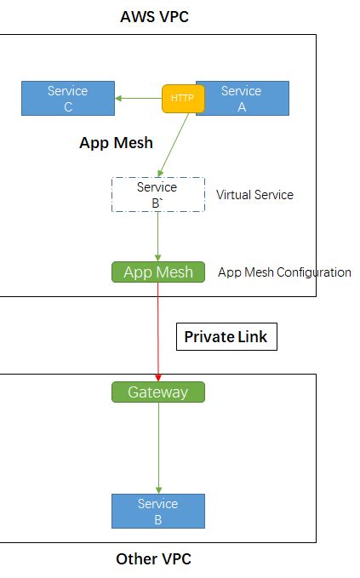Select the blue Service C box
pyautogui.click(x=67, y=98)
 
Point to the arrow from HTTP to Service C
pyautogui.click(x=139, y=98)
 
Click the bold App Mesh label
pyautogui.click(x=116, y=143)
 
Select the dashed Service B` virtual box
pyautogui.click(x=157, y=194)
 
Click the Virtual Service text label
pyautogui.click(x=254, y=195)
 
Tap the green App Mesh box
pyautogui.click(x=158, y=272)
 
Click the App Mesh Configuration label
pyautogui.click(x=284, y=272)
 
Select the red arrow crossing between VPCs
pyautogui.click(x=158, y=332)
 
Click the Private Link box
pyautogui.click(x=226, y=337)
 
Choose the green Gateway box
pyautogui.click(x=158, y=392)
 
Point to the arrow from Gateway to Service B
pyautogui.click(x=158, y=447)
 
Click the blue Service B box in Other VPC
pyautogui.click(x=158, y=511)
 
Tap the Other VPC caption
pyautogui.click(x=154, y=559)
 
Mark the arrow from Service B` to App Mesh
pyautogui.click(x=158, y=237)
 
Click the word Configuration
pyautogui.click(x=315, y=272)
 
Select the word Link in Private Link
pyautogui.click(x=253, y=337)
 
